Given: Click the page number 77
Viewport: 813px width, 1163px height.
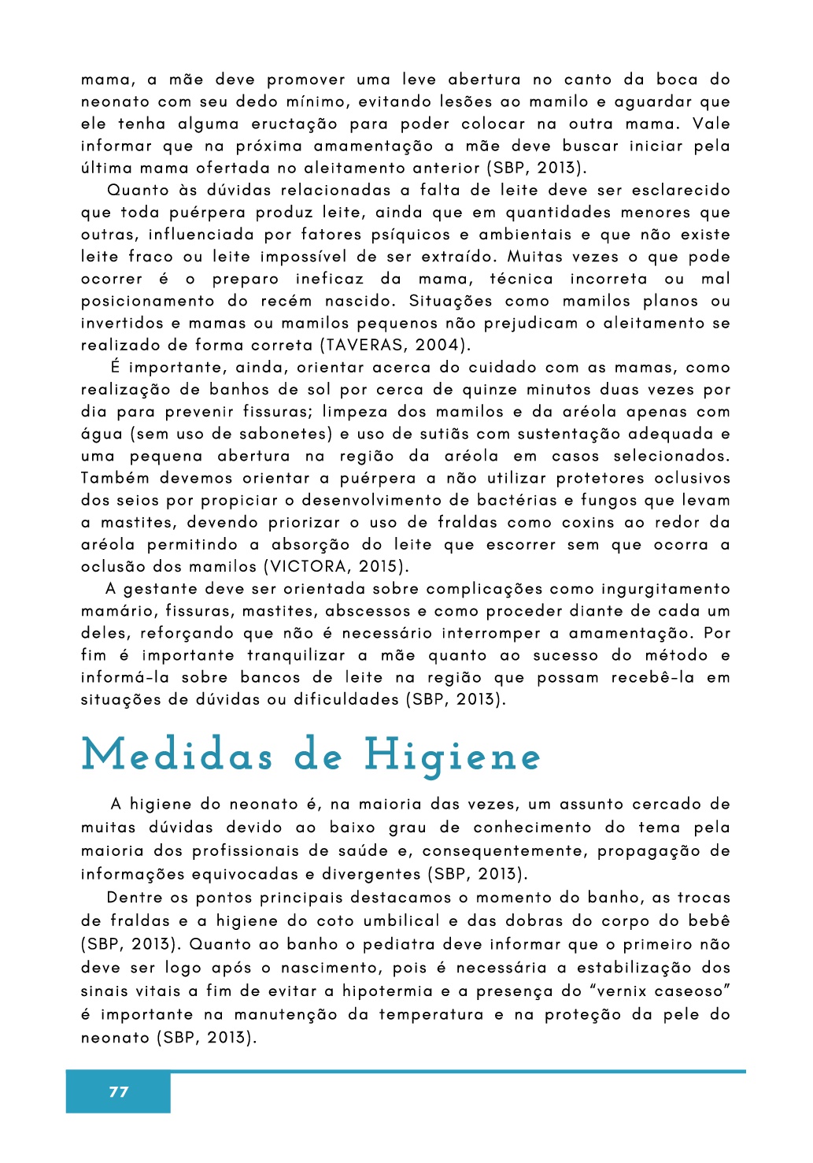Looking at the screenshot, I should pyautogui.click(x=119, y=1091).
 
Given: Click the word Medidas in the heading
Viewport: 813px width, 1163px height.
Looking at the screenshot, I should pyautogui.click(x=177, y=756).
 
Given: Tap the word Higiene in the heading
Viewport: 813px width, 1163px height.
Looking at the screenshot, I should pyautogui.click(x=452, y=757).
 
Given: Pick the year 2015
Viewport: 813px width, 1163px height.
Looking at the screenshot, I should pyautogui.click(x=381, y=566).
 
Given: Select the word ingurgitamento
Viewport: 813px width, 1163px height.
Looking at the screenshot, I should pyautogui.click(x=666, y=589).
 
